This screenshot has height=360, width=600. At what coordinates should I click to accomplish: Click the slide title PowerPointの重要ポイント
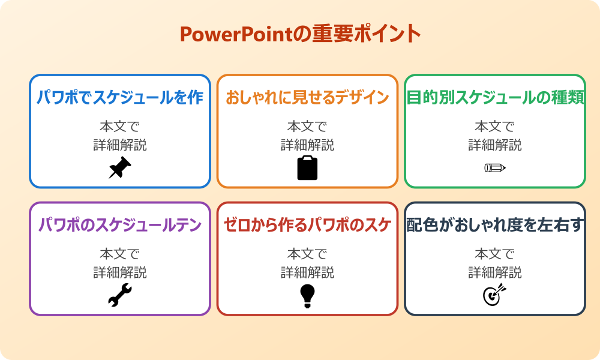(300, 34)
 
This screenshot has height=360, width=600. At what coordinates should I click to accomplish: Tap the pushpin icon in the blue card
(119, 168)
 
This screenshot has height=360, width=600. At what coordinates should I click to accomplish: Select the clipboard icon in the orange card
(307, 168)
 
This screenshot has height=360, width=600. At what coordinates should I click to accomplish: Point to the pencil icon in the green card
(495, 167)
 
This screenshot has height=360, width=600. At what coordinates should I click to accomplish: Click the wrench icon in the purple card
(119, 295)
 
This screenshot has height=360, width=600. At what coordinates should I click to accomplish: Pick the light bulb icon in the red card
(307, 296)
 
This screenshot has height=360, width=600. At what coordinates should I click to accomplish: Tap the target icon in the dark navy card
(495, 295)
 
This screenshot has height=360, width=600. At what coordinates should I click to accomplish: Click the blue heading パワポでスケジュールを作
(120, 98)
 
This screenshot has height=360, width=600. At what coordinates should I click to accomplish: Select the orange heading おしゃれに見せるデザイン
(307, 98)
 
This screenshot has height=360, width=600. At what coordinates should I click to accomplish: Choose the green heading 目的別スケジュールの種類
(495, 98)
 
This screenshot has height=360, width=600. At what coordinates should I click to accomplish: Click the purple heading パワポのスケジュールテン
(120, 225)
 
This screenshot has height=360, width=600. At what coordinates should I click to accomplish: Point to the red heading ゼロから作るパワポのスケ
(307, 225)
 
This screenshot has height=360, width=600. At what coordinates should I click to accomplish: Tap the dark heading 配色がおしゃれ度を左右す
(495, 225)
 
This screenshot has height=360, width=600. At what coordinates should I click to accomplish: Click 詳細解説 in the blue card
(120, 145)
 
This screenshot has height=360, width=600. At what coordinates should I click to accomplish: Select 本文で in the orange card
(307, 127)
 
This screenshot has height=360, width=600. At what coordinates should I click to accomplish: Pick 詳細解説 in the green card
(495, 145)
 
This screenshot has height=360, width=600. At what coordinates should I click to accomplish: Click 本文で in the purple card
(120, 254)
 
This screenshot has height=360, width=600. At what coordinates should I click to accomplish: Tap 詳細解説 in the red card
(307, 272)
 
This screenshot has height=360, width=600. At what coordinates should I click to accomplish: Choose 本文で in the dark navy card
(495, 254)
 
